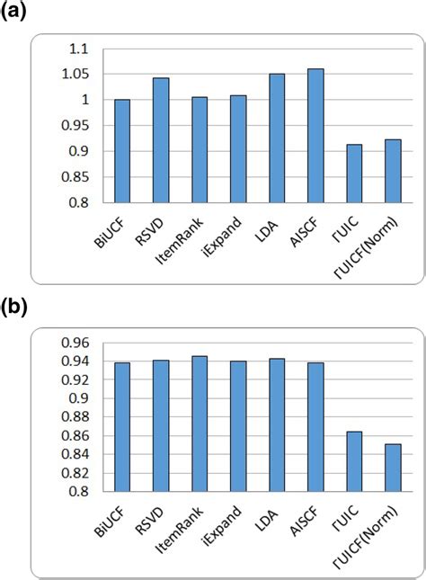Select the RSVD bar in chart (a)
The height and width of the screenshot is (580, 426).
[161, 140]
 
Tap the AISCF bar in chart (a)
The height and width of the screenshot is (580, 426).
[315, 136]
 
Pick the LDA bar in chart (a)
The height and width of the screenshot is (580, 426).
[277, 138]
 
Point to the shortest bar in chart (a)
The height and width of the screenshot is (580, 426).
[354, 174]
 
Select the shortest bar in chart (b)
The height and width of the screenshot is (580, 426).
[393, 467]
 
